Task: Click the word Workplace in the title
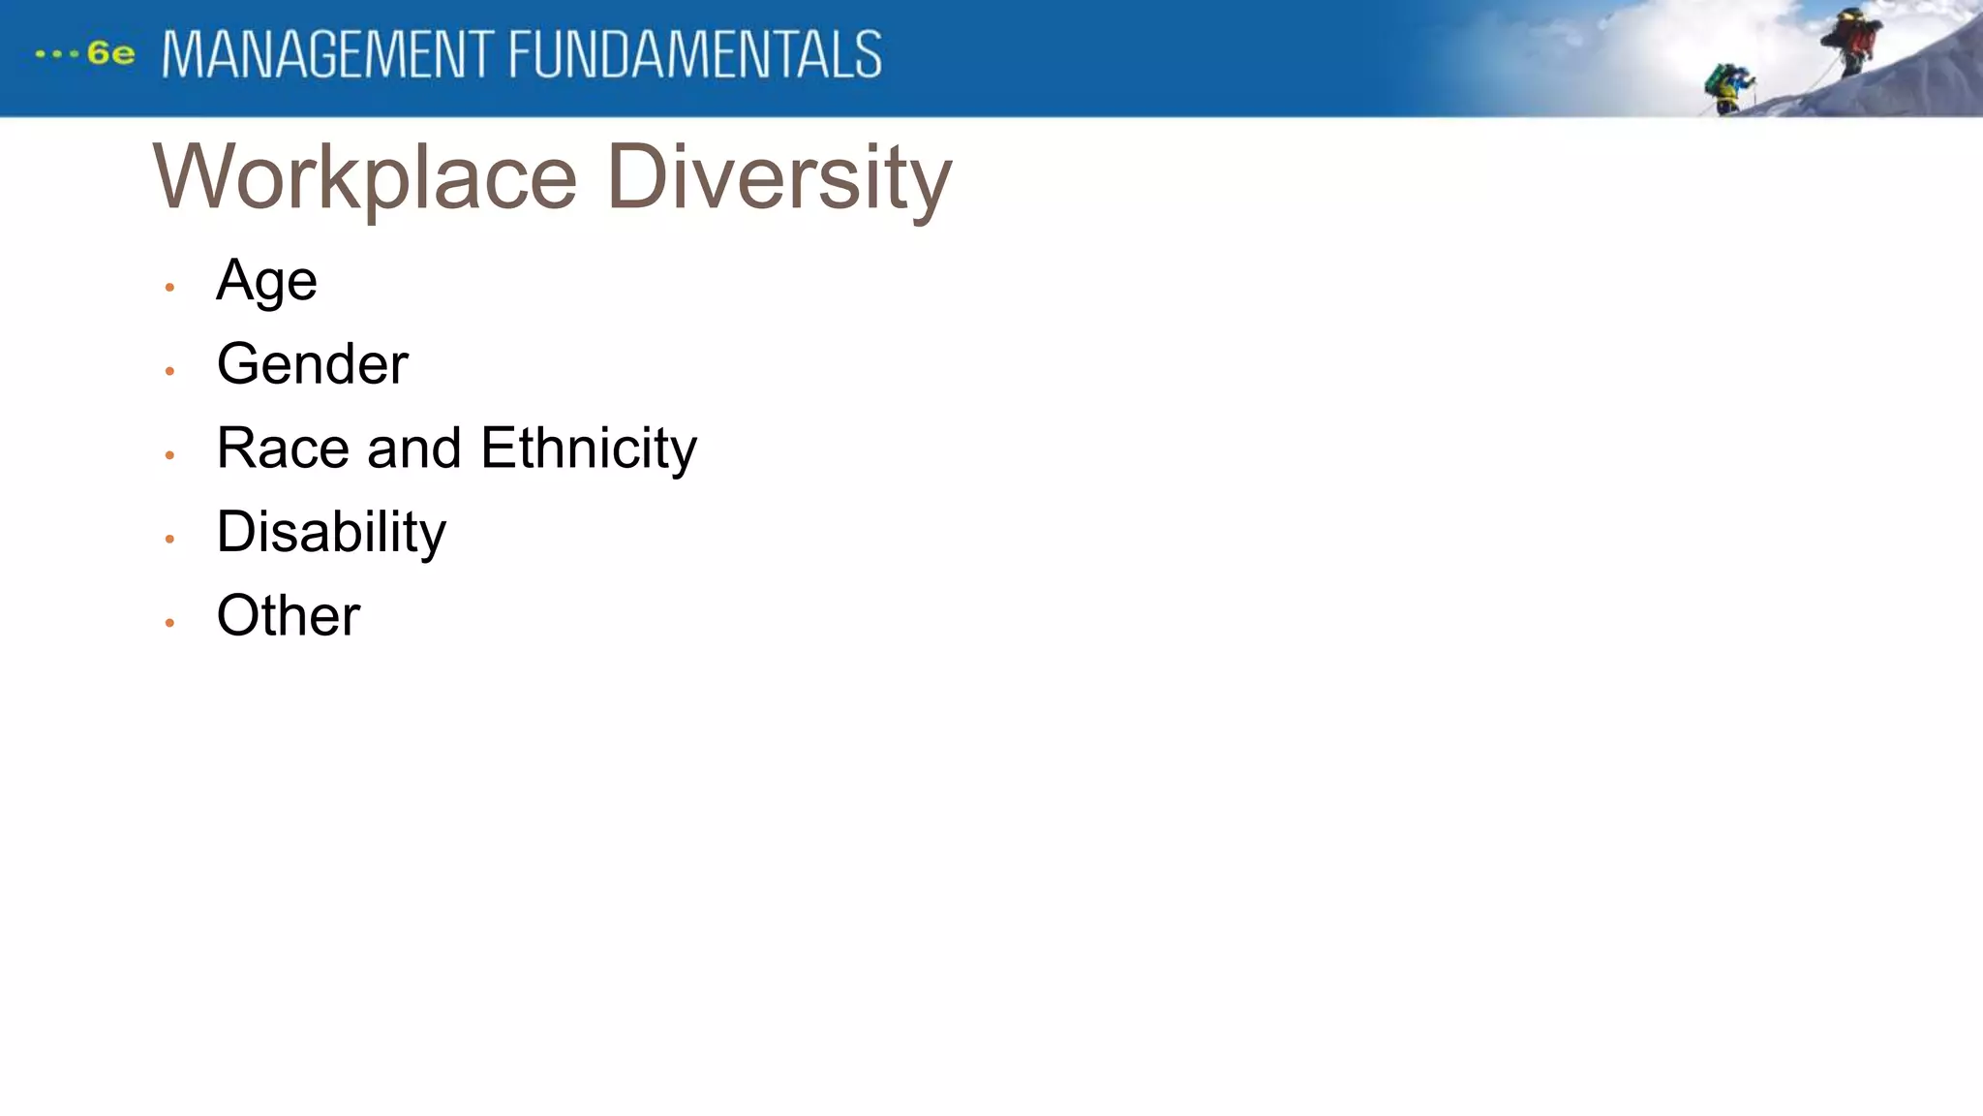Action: point(365,177)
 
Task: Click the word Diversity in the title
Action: point(779,177)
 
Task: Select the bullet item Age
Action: point(266,281)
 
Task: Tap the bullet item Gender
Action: point(312,364)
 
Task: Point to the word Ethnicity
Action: point(588,449)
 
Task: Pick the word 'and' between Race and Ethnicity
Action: point(413,449)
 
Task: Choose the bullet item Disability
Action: point(331,532)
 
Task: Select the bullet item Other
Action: point(289,615)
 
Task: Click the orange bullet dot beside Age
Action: point(169,288)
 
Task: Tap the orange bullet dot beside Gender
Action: point(169,371)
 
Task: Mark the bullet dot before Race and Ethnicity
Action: point(169,454)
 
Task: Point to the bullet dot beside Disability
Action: point(169,539)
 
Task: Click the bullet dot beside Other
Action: point(169,623)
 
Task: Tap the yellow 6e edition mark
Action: point(110,53)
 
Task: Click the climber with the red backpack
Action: point(1851,41)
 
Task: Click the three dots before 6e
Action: point(56,54)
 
